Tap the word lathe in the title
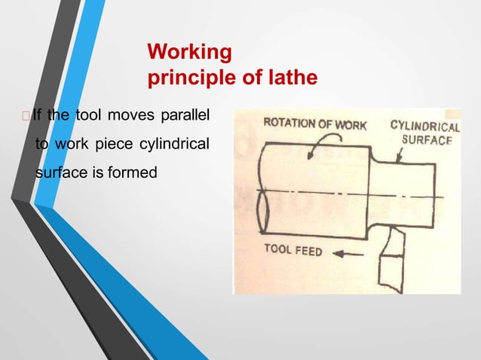click(x=293, y=78)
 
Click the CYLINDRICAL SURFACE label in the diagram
click(x=424, y=133)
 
